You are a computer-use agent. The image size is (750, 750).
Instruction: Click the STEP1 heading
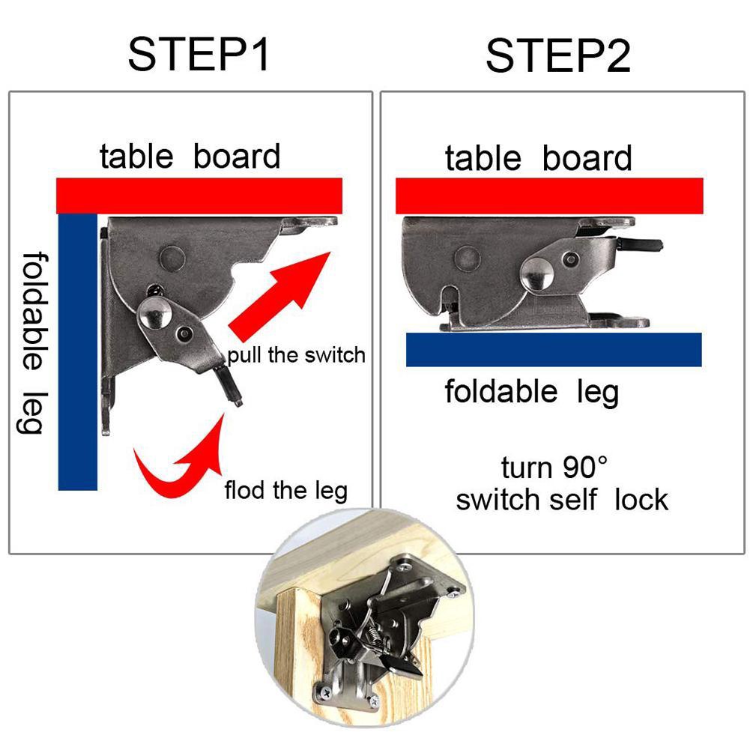coord(199,55)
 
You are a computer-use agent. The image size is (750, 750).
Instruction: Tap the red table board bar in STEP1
coord(199,196)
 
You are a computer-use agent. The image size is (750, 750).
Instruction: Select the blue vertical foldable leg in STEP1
coord(77,352)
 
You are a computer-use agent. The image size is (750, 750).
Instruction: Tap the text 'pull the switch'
coord(297,354)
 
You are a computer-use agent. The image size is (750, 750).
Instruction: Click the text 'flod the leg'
coord(285,491)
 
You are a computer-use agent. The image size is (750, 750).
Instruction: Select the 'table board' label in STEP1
coord(190,157)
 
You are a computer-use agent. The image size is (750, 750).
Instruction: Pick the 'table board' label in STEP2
coord(538,159)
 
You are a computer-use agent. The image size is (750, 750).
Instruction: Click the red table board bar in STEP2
coord(549,196)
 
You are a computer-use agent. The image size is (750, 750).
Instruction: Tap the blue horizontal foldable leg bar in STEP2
coord(553,350)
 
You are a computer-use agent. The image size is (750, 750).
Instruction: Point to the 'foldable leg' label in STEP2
coord(531,391)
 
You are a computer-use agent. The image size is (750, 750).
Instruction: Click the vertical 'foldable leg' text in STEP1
coord(31,341)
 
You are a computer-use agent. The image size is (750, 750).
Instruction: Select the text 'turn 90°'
coord(554,468)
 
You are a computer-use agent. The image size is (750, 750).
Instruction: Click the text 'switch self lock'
coord(562,499)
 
